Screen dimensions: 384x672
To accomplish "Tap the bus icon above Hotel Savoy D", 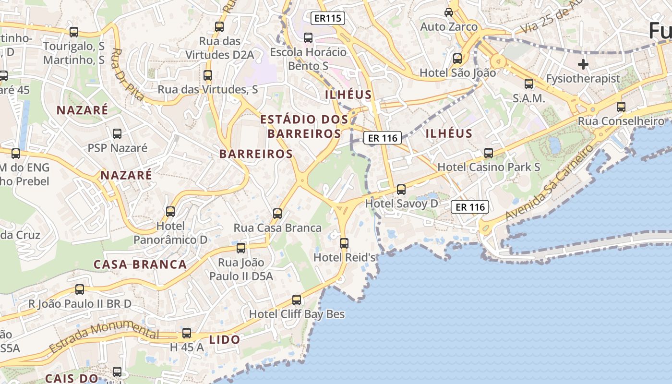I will click(401, 190).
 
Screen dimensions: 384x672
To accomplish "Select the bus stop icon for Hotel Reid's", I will click(344, 243).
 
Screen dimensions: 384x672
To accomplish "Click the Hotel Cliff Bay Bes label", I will click(297, 314).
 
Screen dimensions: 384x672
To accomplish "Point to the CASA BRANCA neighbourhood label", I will click(140, 264).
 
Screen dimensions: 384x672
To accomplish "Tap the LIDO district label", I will click(225, 340).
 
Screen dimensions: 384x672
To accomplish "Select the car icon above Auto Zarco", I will click(449, 12).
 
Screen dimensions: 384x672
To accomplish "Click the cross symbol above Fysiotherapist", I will click(583, 64).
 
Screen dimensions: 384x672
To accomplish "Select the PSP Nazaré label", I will click(117, 148).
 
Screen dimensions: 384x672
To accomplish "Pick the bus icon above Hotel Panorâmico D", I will click(170, 212).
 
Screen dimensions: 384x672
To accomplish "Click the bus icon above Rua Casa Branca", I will click(277, 214).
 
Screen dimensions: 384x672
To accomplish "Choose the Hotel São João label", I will click(457, 73).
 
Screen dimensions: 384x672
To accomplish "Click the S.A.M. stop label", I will click(529, 98).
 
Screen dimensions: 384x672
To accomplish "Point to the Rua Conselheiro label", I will click(621, 121).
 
